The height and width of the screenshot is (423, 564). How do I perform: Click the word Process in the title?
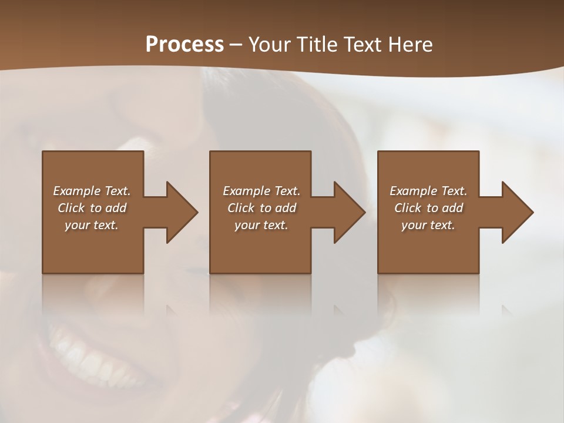[x=184, y=45]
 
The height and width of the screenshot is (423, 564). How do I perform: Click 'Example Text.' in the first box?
[x=92, y=191]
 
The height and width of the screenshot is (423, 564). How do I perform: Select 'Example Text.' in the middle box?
[x=261, y=191]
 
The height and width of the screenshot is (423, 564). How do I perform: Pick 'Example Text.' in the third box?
[x=428, y=191]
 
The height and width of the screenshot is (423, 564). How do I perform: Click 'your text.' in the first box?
[x=92, y=225]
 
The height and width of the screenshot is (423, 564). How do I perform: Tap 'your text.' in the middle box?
[x=261, y=225]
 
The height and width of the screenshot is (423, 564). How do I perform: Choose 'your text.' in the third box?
[x=428, y=225]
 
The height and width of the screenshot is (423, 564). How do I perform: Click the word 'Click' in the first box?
[x=71, y=208]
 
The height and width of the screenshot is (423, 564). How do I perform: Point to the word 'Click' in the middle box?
[x=241, y=208]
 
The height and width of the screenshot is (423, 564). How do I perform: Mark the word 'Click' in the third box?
[x=408, y=208]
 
